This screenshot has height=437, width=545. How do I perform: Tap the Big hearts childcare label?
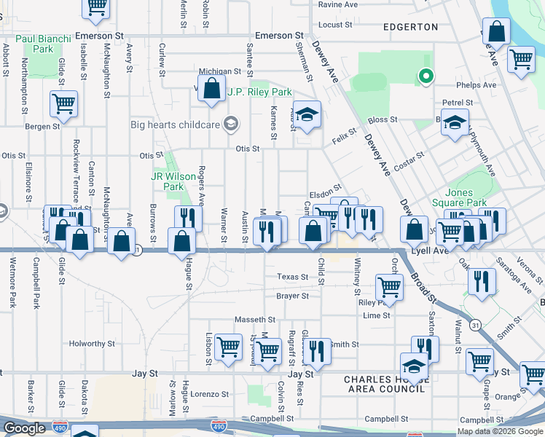[175, 124]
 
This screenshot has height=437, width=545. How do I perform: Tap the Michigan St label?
[219, 71]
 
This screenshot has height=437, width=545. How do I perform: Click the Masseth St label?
[255, 320]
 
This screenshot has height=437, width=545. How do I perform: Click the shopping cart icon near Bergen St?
[63, 103]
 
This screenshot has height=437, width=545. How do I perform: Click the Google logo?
[23, 428]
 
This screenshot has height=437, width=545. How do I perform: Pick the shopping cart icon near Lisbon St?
[229, 346]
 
